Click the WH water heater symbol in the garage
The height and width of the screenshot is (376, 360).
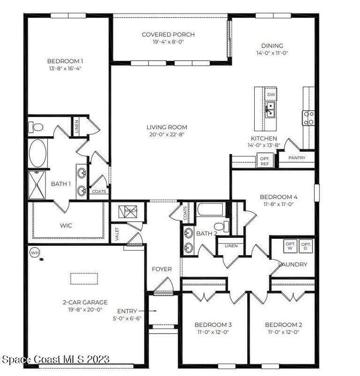(35, 253)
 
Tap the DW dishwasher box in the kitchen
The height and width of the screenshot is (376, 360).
(271, 94)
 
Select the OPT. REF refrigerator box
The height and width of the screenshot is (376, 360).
(265, 161)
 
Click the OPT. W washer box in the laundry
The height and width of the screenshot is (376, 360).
(290, 246)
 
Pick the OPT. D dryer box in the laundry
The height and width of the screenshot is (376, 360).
(306, 246)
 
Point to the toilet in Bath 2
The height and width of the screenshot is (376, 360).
(221, 227)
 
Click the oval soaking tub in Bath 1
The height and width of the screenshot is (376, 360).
(38, 153)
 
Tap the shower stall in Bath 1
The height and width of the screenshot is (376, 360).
(37, 185)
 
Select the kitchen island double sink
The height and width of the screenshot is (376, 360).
(270, 110)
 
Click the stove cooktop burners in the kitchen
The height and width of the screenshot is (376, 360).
(308, 118)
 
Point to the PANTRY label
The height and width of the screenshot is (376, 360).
(297, 158)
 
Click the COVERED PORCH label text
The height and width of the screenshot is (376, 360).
(168, 34)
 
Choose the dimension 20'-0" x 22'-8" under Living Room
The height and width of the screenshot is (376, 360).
(167, 134)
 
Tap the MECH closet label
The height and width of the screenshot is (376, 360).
(131, 211)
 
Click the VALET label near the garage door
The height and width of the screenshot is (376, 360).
(117, 234)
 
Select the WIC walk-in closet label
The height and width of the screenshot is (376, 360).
(66, 226)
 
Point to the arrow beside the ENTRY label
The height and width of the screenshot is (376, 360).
(148, 311)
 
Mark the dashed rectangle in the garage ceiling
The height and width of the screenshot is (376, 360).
(84, 279)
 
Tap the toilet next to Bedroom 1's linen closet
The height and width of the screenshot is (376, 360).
(36, 127)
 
